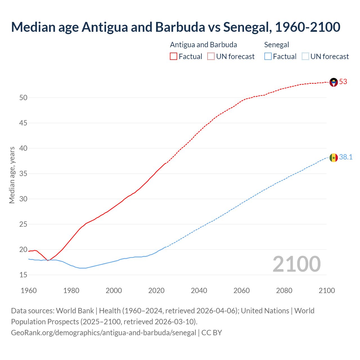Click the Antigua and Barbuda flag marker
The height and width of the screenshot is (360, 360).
(334, 82)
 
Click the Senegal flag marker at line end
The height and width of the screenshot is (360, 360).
(334, 158)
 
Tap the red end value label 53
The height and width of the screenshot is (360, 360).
(343, 82)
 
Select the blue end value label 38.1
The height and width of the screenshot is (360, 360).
(346, 157)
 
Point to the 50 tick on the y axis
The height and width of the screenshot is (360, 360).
(23, 98)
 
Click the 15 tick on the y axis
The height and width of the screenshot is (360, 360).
(23, 275)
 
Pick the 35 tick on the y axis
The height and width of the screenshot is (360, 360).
(23, 174)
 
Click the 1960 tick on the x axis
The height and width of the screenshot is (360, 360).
(29, 291)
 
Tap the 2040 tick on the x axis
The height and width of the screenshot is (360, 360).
(199, 291)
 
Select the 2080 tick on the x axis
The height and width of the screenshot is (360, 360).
(284, 291)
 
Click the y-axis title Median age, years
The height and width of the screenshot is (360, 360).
(12, 175)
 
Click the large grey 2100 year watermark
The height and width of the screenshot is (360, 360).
(296, 264)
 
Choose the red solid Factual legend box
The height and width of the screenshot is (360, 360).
(174, 57)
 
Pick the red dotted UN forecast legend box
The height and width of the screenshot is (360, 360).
(211, 57)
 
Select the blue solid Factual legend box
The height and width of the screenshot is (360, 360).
(268, 57)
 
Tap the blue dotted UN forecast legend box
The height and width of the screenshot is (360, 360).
(305, 57)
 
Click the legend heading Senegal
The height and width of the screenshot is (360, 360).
(276, 45)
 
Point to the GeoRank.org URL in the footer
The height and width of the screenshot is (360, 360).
(103, 333)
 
